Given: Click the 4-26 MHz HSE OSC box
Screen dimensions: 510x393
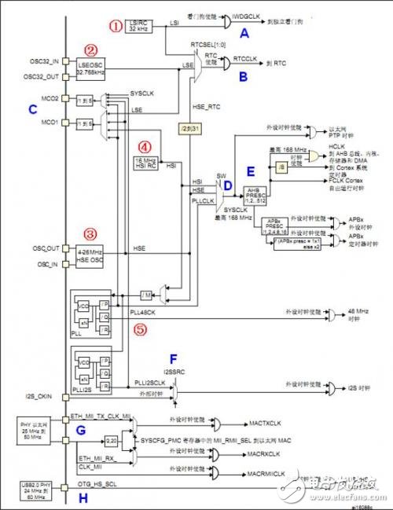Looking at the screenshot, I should pyautogui.click(x=93, y=256).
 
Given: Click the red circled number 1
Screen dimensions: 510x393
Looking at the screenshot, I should pyautogui.click(x=116, y=27).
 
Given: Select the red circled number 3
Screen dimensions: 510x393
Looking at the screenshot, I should pyautogui.click(x=90, y=233).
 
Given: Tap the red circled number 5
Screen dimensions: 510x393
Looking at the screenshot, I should pyautogui.click(x=139, y=330).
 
